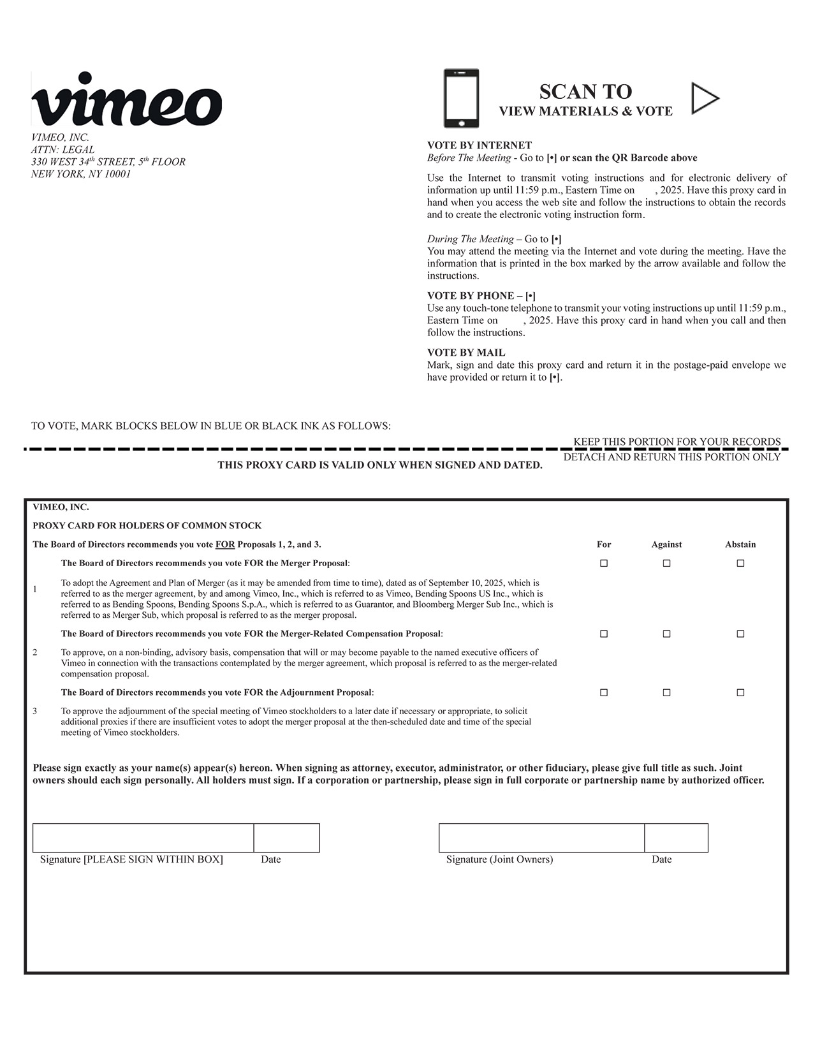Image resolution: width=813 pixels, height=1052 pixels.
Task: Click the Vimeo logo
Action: [126, 100]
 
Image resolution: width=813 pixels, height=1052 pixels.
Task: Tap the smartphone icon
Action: [461, 98]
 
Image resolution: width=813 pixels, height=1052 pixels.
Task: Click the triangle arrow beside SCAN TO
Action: [705, 98]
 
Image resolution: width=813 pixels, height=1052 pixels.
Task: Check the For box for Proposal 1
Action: [604, 563]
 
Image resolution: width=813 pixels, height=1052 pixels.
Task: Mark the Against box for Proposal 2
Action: [666, 634]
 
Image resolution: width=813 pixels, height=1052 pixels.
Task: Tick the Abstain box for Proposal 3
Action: [740, 692]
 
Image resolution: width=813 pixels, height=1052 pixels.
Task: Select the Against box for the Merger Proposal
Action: [666, 563]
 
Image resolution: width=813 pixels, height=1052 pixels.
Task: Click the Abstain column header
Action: [740, 544]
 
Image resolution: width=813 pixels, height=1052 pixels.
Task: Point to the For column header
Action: [604, 544]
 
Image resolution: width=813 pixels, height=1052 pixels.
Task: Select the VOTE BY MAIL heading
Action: [465, 353]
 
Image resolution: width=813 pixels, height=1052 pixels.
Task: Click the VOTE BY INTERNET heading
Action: [479, 145]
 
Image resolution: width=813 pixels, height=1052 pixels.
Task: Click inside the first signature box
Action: [143, 838]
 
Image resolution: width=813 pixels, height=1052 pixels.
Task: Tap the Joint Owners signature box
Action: [541, 838]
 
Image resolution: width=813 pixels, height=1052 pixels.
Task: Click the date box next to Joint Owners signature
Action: [676, 838]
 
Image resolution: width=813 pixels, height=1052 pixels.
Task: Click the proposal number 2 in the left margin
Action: [35, 652]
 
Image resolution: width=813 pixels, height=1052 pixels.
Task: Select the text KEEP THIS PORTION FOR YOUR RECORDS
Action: [677, 442]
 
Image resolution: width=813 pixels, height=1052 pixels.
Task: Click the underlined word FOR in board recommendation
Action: [225, 544]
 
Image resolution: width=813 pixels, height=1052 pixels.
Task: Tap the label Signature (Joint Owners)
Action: [499, 859]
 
